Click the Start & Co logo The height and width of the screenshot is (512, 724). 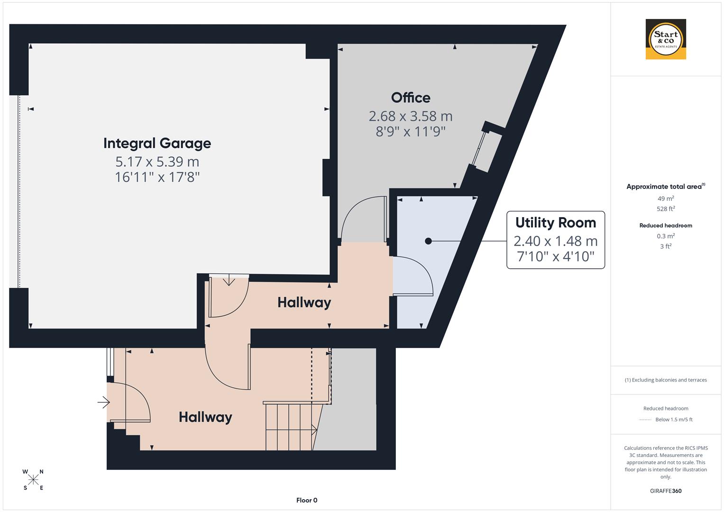coord(666,39)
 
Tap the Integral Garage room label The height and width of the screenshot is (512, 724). coord(157,143)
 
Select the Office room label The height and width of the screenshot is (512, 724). coord(411,98)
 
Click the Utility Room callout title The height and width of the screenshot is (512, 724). coord(555,222)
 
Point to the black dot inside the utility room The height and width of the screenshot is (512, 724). coord(428,241)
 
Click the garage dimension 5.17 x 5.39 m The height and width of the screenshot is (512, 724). coord(157,162)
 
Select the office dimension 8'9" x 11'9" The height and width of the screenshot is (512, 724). coord(411,131)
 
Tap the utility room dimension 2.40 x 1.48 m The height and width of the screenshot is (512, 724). coord(555,241)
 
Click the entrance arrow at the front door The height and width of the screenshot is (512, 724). coord(104,402)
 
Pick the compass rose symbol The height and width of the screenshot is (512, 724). coord(33,480)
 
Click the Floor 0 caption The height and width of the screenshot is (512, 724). coord(306,500)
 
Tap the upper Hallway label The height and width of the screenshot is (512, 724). coord(304,302)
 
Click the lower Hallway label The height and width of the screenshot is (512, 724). coord(205,417)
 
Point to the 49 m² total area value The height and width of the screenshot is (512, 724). coord(666,199)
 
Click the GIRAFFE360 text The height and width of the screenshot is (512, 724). coord(666,491)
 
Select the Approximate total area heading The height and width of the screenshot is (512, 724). coord(665,187)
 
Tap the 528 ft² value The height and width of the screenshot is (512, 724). coord(666,209)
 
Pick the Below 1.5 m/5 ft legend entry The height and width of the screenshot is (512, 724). coord(673,420)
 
